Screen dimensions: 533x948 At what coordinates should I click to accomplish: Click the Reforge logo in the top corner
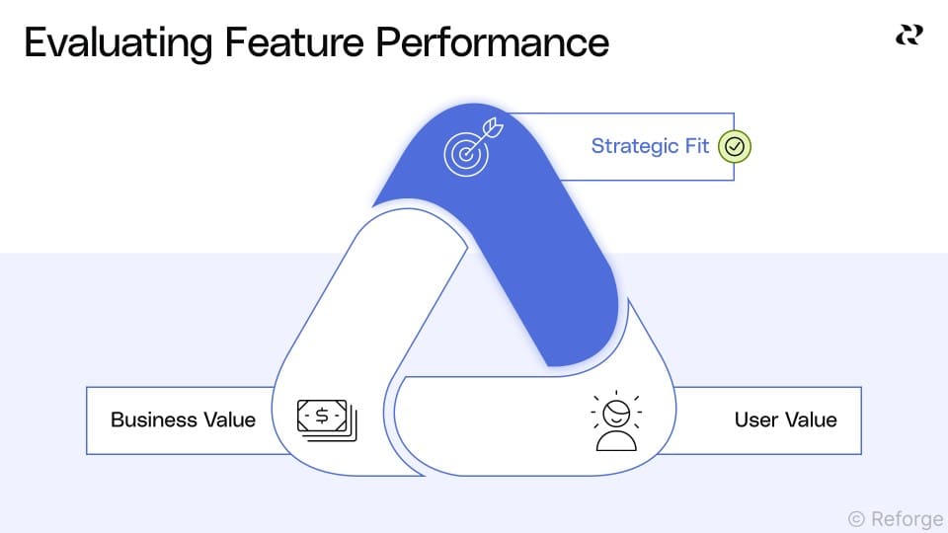click(908, 36)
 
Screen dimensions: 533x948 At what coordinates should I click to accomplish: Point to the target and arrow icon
click(471, 149)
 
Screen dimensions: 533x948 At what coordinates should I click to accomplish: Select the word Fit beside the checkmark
click(697, 146)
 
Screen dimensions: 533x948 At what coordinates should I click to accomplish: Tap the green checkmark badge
click(734, 146)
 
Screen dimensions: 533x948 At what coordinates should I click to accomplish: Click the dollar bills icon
click(327, 419)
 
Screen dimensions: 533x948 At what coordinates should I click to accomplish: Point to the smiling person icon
click(617, 421)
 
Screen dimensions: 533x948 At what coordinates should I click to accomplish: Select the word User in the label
click(755, 419)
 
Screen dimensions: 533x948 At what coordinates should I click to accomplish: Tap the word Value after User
click(812, 419)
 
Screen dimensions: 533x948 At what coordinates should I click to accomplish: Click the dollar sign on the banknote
click(323, 416)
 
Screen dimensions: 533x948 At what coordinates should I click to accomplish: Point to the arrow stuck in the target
click(490, 132)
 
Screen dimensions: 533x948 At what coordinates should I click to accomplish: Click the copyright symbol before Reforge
click(856, 519)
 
